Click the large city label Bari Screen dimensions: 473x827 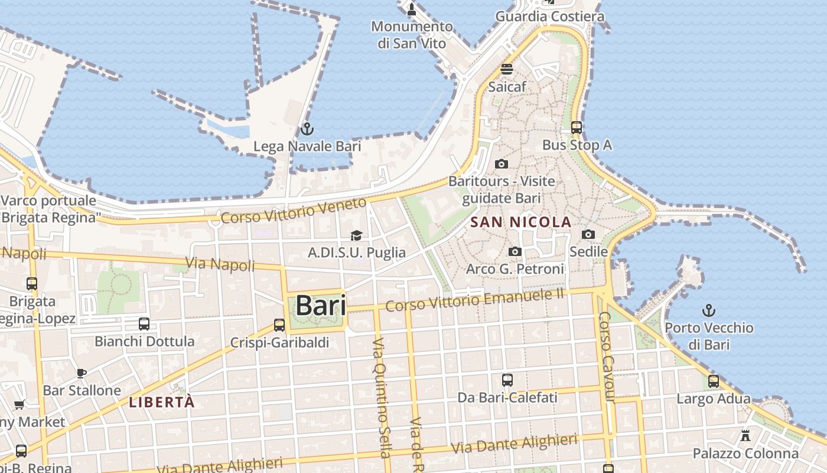(x=321, y=306)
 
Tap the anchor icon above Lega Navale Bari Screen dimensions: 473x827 (x=307, y=129)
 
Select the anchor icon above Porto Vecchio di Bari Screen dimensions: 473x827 (x=708, y=310)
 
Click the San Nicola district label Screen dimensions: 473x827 (x=521, y=222)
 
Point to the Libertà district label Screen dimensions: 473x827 (x=162, y=403)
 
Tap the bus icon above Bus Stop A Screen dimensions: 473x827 (x=577, y=127)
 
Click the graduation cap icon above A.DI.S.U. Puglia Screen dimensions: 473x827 (x=356, y=236)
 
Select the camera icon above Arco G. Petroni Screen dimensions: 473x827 (x=515, y=252)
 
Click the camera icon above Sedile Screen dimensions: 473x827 (x=588, y=235)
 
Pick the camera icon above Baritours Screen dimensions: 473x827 (x=502, y=164)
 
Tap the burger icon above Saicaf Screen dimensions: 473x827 (x=507, y=69)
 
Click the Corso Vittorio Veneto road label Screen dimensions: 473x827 (x=294, y=211)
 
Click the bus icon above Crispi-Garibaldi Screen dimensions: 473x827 (x=279, y=325)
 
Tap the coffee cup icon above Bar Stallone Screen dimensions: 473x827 (x=82, y=373)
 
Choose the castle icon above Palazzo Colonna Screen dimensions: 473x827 (x=745, y=436)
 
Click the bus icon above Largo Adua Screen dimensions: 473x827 (x=714, y=381)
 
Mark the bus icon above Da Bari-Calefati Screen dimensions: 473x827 (x=507, y=380)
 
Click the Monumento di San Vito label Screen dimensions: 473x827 (x=412, y=34)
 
